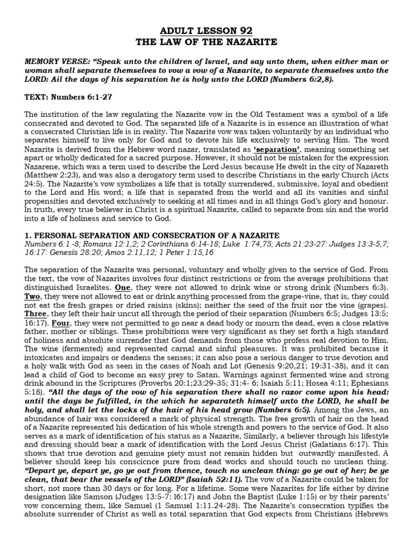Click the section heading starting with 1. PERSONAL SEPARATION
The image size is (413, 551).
[x=152, y=236]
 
